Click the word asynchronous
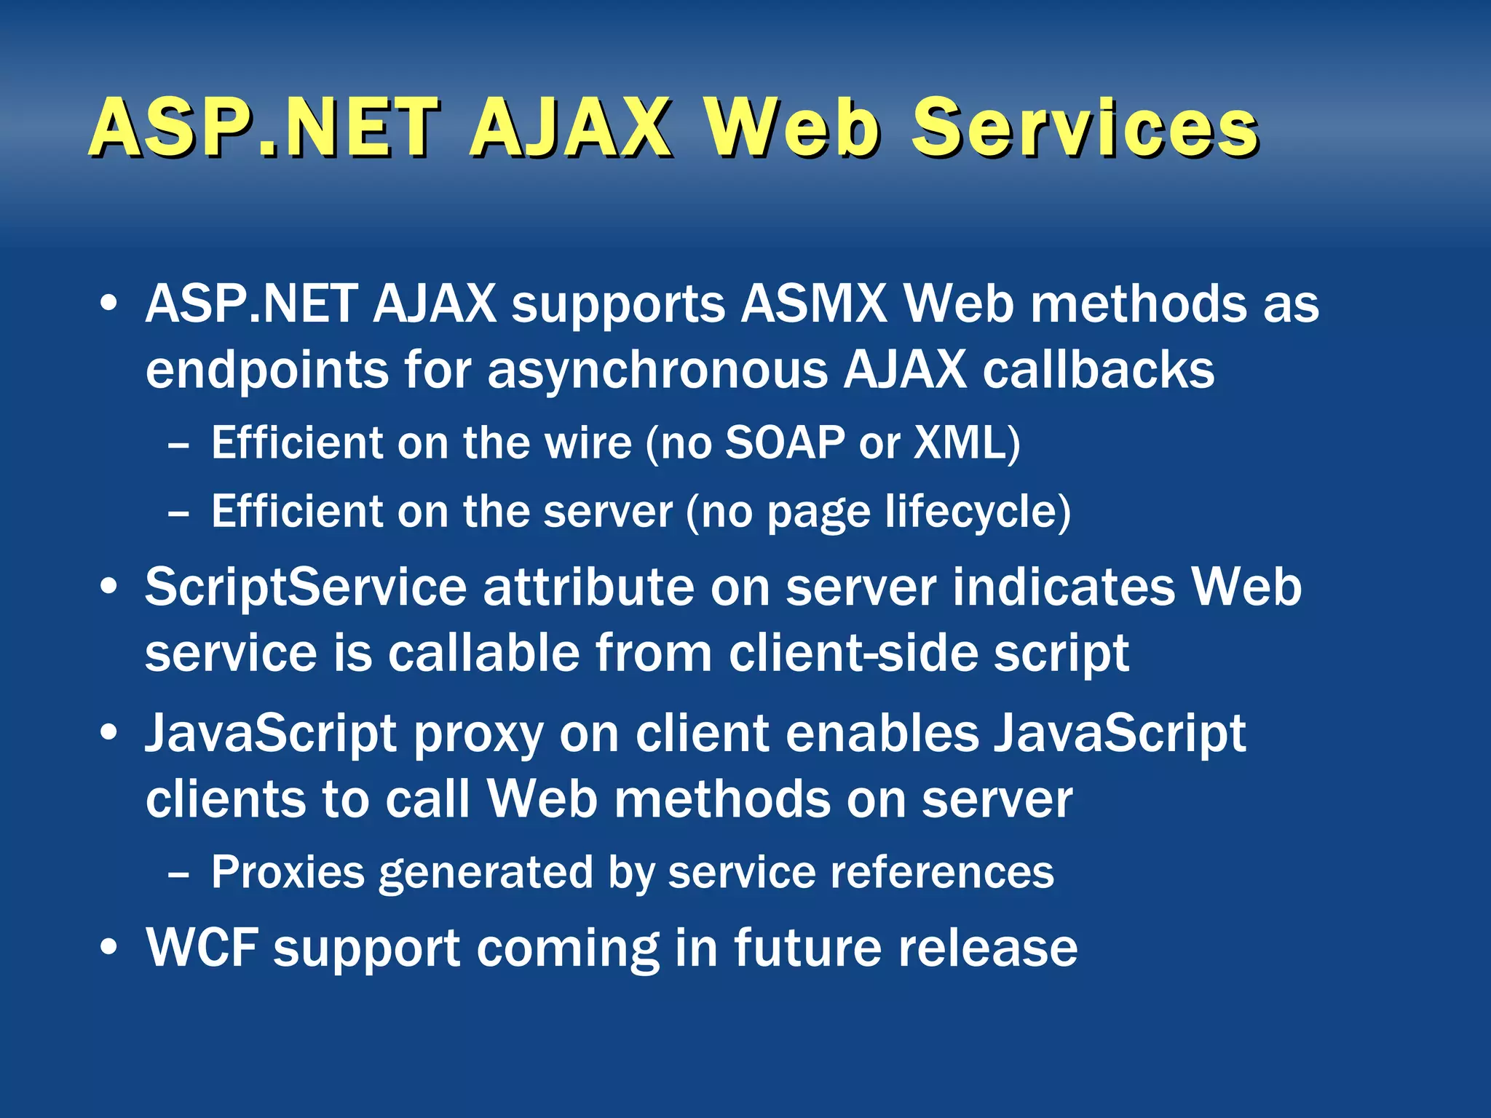click(x=657, y=370)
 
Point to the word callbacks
click(x=1099, y=370)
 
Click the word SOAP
click(x=785, y=442)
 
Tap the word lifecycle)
click(x=978, y=511)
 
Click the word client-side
click(x=853, y=653)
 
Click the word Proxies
click(x=288, y=871)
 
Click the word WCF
click(x=202, y=948)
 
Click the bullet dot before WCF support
click(x=109, y=948)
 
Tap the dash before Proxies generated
click(x=178, y=873)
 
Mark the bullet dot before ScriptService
click(x=109, y=587)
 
